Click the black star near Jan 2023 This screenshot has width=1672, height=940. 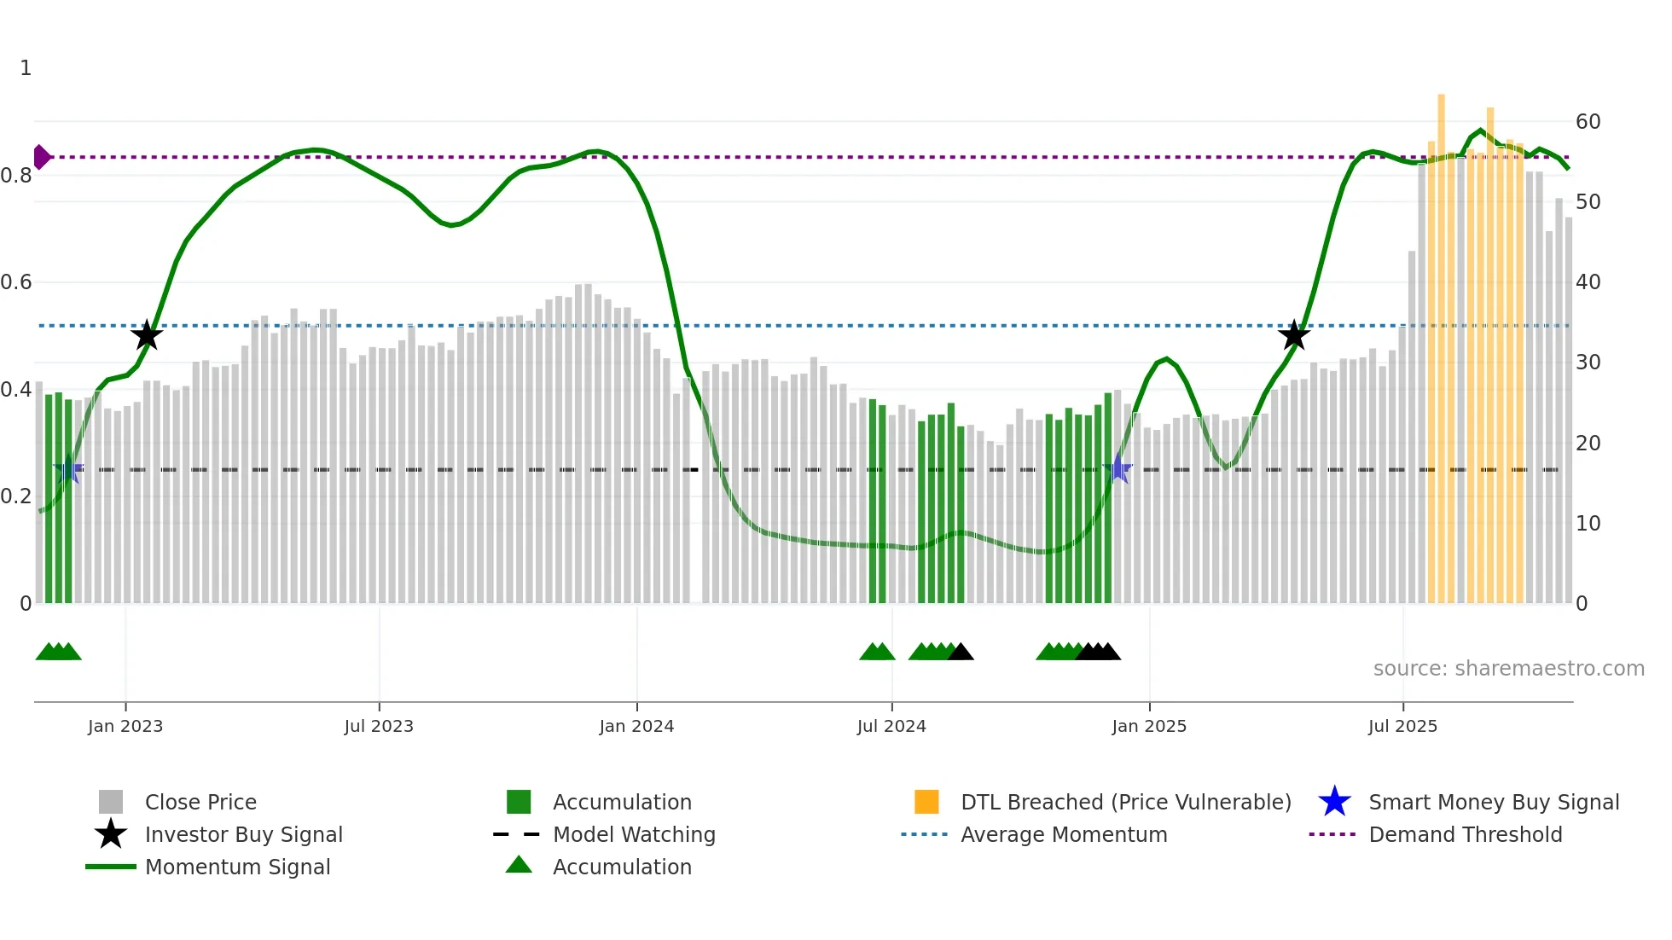tap(147, 335)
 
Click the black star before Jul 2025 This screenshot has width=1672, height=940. tap(1294, 335)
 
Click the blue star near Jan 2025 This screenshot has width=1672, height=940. tap(1118, 468)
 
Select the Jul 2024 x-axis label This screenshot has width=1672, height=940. tap(891, 726)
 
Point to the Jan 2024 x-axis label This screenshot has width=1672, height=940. tap(636, 726)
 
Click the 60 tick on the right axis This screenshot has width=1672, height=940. tap(1588, 122)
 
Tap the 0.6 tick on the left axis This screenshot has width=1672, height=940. tap(17, 282)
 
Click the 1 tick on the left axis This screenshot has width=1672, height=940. tap(26, 68)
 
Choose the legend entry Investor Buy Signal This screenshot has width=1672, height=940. tap(243, 834)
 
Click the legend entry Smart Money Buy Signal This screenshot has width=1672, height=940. tap(1493, 802)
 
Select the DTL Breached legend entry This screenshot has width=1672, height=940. tap(1125, 802)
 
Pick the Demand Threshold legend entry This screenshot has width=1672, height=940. tap(1465, 834)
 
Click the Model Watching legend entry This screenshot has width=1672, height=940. tap(633, 834)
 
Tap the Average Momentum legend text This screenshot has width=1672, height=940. tap(1063, 834)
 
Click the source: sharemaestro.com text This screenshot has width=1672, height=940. tap(1508, 668)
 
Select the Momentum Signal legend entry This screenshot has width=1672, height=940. tap(237, 867)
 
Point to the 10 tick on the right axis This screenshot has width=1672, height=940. tap(1588, 524)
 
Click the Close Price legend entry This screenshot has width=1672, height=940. tap(200, 802)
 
